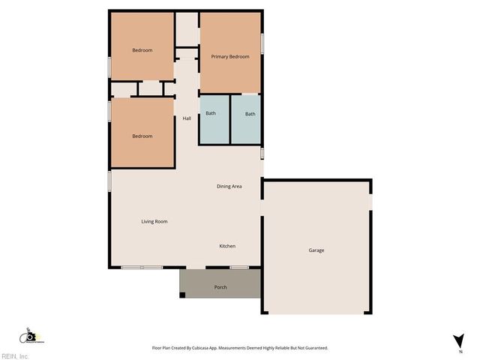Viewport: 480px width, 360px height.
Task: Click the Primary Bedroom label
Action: [229, 57]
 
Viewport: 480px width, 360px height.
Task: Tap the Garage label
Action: [316, 250]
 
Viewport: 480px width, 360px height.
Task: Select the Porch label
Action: [220, 287]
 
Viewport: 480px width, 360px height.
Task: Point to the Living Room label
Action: [154, 221]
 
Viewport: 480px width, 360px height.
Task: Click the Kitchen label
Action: [227, 246]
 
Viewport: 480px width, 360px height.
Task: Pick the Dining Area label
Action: [229, 186]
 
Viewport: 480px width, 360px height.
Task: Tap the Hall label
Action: [187, 118]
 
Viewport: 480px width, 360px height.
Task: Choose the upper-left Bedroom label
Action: [142, 50]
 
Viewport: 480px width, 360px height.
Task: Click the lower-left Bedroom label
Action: [142, 136]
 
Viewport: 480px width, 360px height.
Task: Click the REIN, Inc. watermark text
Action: [15, 356]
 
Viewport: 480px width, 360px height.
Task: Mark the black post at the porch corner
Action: [182, 295]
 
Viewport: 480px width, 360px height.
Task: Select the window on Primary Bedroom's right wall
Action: [262, 43]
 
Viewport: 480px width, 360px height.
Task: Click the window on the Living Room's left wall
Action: [109, 181]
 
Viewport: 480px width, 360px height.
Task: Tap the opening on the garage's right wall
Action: [371, 202]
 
